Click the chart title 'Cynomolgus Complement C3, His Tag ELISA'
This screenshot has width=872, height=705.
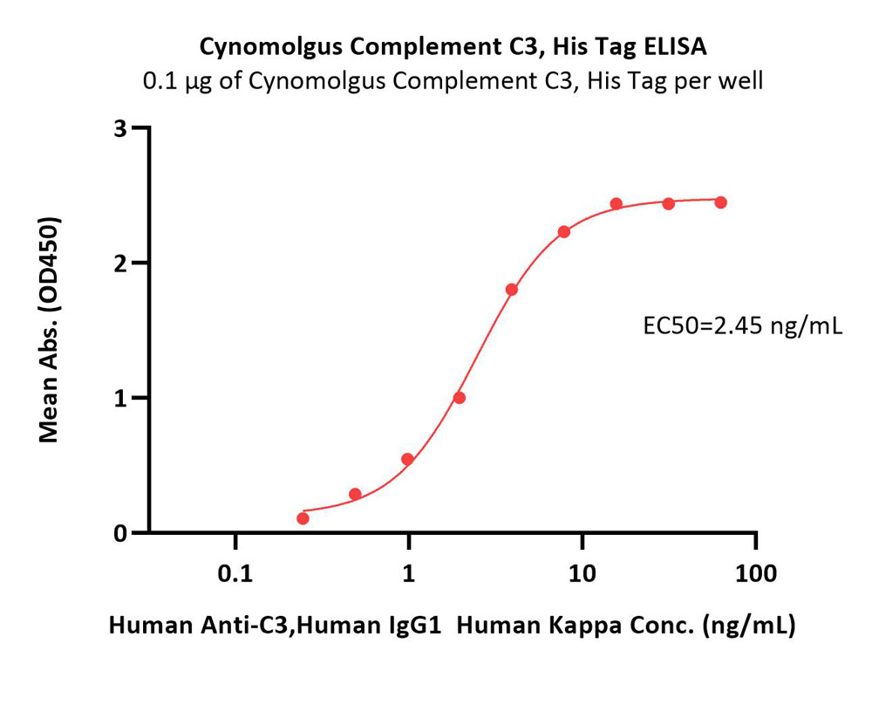click(x=453, y=48)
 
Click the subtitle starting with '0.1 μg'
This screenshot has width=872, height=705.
click(x=453, y=82)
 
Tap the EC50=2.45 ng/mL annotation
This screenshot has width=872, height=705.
click(x=742, y=326)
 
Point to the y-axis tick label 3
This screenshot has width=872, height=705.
click(x=121, y=128)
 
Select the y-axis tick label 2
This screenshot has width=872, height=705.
click(x=121, y=264)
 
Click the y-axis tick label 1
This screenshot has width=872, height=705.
click(x=122, y=399)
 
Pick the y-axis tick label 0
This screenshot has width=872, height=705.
click(x=121, y=533)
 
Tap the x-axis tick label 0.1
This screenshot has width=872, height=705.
click(x=235, y=573)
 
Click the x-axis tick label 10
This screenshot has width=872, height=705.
click(x=582, y=573)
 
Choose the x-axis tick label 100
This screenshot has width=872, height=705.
click(x=756, y=573)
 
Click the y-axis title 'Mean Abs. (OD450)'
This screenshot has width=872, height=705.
click(x=50, y=330)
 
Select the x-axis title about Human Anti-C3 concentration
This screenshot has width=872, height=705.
click(x=452, y=626)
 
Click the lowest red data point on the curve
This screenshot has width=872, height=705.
click(x=303, y=518)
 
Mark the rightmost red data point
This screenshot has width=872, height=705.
click(x=721, y=202)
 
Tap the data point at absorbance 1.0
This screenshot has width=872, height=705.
click(x=460, y=398)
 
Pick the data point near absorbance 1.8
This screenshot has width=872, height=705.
click(x=512, y=290)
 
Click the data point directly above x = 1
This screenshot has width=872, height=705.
click(x=407, y=459)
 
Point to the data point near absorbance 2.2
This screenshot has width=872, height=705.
click(x=564, y=231)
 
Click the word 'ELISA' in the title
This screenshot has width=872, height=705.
click(x=675, y=47)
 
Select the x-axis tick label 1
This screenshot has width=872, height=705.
click(x=409, y=573)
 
